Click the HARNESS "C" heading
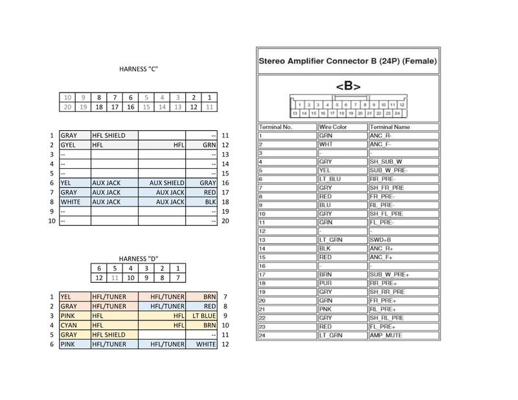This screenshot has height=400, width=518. [139, 69]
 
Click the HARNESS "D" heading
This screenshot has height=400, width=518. [139, 258]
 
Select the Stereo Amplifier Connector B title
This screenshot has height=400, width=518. [348, 61]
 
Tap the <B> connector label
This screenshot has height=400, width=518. [348, 85]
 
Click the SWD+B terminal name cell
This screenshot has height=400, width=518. [381, 239]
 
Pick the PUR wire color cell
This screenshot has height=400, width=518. [325, 283]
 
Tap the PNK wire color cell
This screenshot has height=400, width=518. [325, 309]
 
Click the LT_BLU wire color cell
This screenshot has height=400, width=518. [329, 179]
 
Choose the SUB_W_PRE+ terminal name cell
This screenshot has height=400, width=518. [390, 274]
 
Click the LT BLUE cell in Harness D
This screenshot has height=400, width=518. [204, 315]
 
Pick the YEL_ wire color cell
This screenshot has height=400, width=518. [326, 170]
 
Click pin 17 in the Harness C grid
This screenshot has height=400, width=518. [115, 107]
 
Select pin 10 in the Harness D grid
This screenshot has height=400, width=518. [130, 278]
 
